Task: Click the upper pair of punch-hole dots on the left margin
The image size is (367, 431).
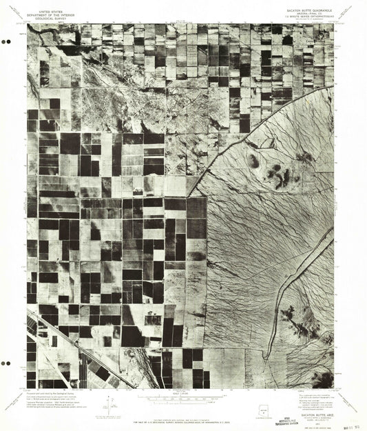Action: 7,41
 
